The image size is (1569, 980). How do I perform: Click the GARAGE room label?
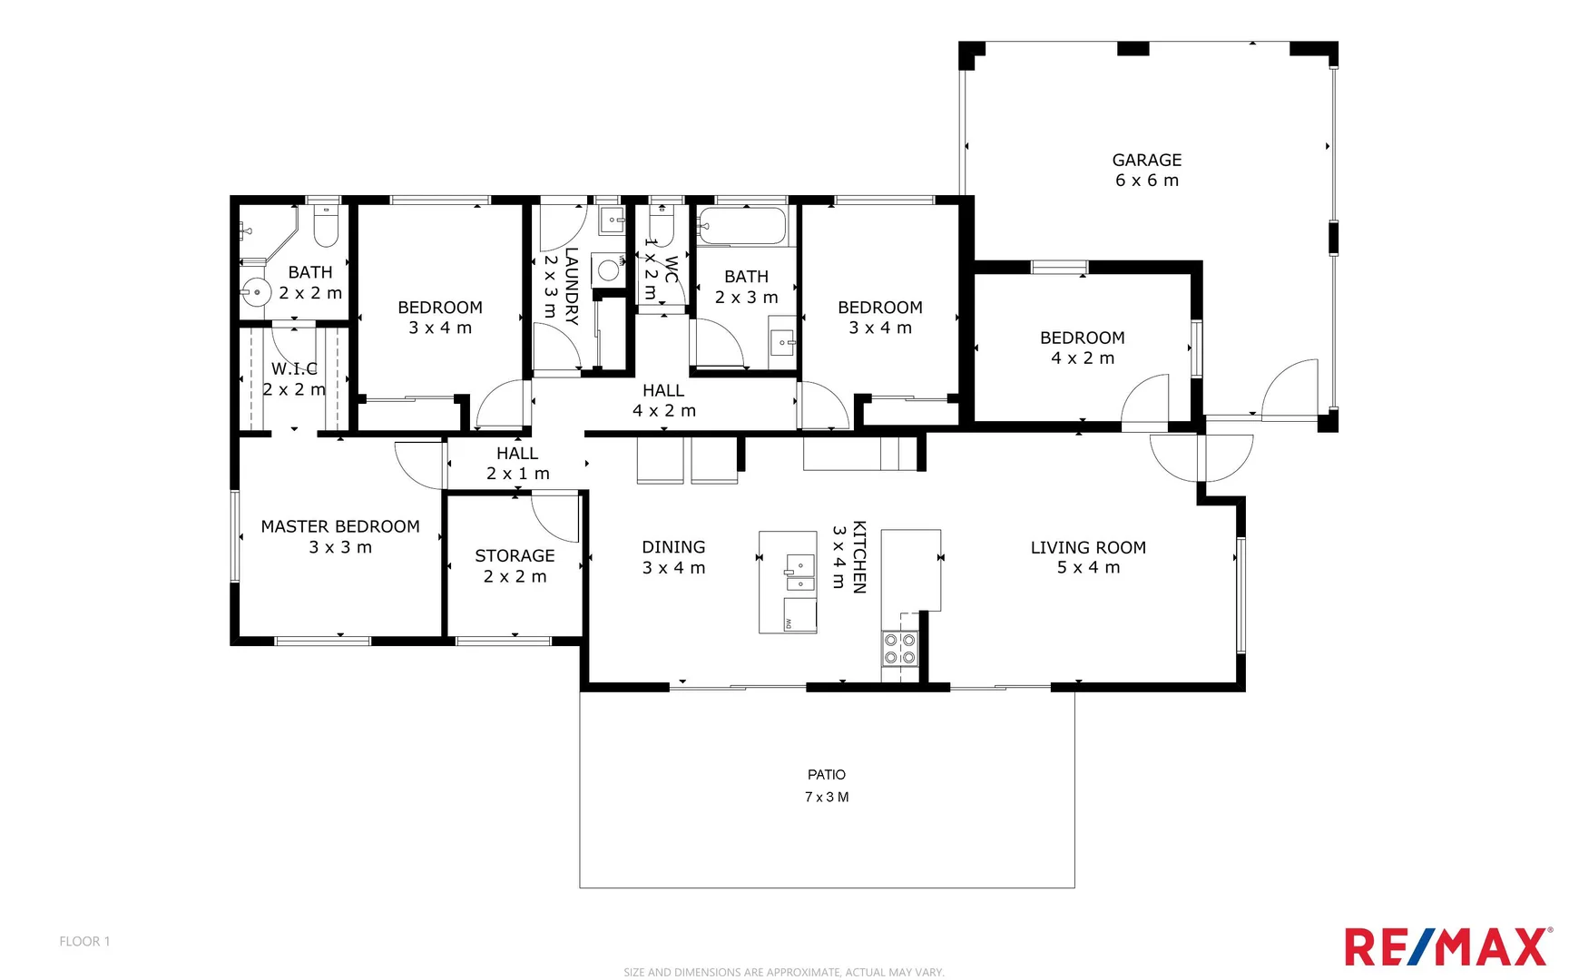(1146, 161)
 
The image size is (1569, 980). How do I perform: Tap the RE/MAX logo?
(1447, 946)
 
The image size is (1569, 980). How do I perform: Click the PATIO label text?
(826, 774)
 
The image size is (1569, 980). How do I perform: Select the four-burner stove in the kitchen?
(899, 649)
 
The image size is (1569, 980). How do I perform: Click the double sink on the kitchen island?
(799, 567)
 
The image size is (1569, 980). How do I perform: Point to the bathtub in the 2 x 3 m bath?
(741, 226)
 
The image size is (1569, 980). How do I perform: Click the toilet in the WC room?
(662, 228)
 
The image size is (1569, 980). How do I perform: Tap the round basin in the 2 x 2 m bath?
(256, 292)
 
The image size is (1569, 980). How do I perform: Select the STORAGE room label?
(515, 555)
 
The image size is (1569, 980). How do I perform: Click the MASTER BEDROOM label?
(340, 526)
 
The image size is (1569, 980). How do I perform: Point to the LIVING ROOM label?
(1088, 547)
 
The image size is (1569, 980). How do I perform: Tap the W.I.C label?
(294, 368)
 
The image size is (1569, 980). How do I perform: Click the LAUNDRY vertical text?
(571, 286)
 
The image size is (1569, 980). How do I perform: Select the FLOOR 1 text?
(84, 941)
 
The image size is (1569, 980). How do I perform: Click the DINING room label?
(673, 547)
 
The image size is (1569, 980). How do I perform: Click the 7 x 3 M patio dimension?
(826, 797)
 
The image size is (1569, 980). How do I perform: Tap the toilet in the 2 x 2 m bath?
(326, 227)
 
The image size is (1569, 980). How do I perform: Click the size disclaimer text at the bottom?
(783, 972)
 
